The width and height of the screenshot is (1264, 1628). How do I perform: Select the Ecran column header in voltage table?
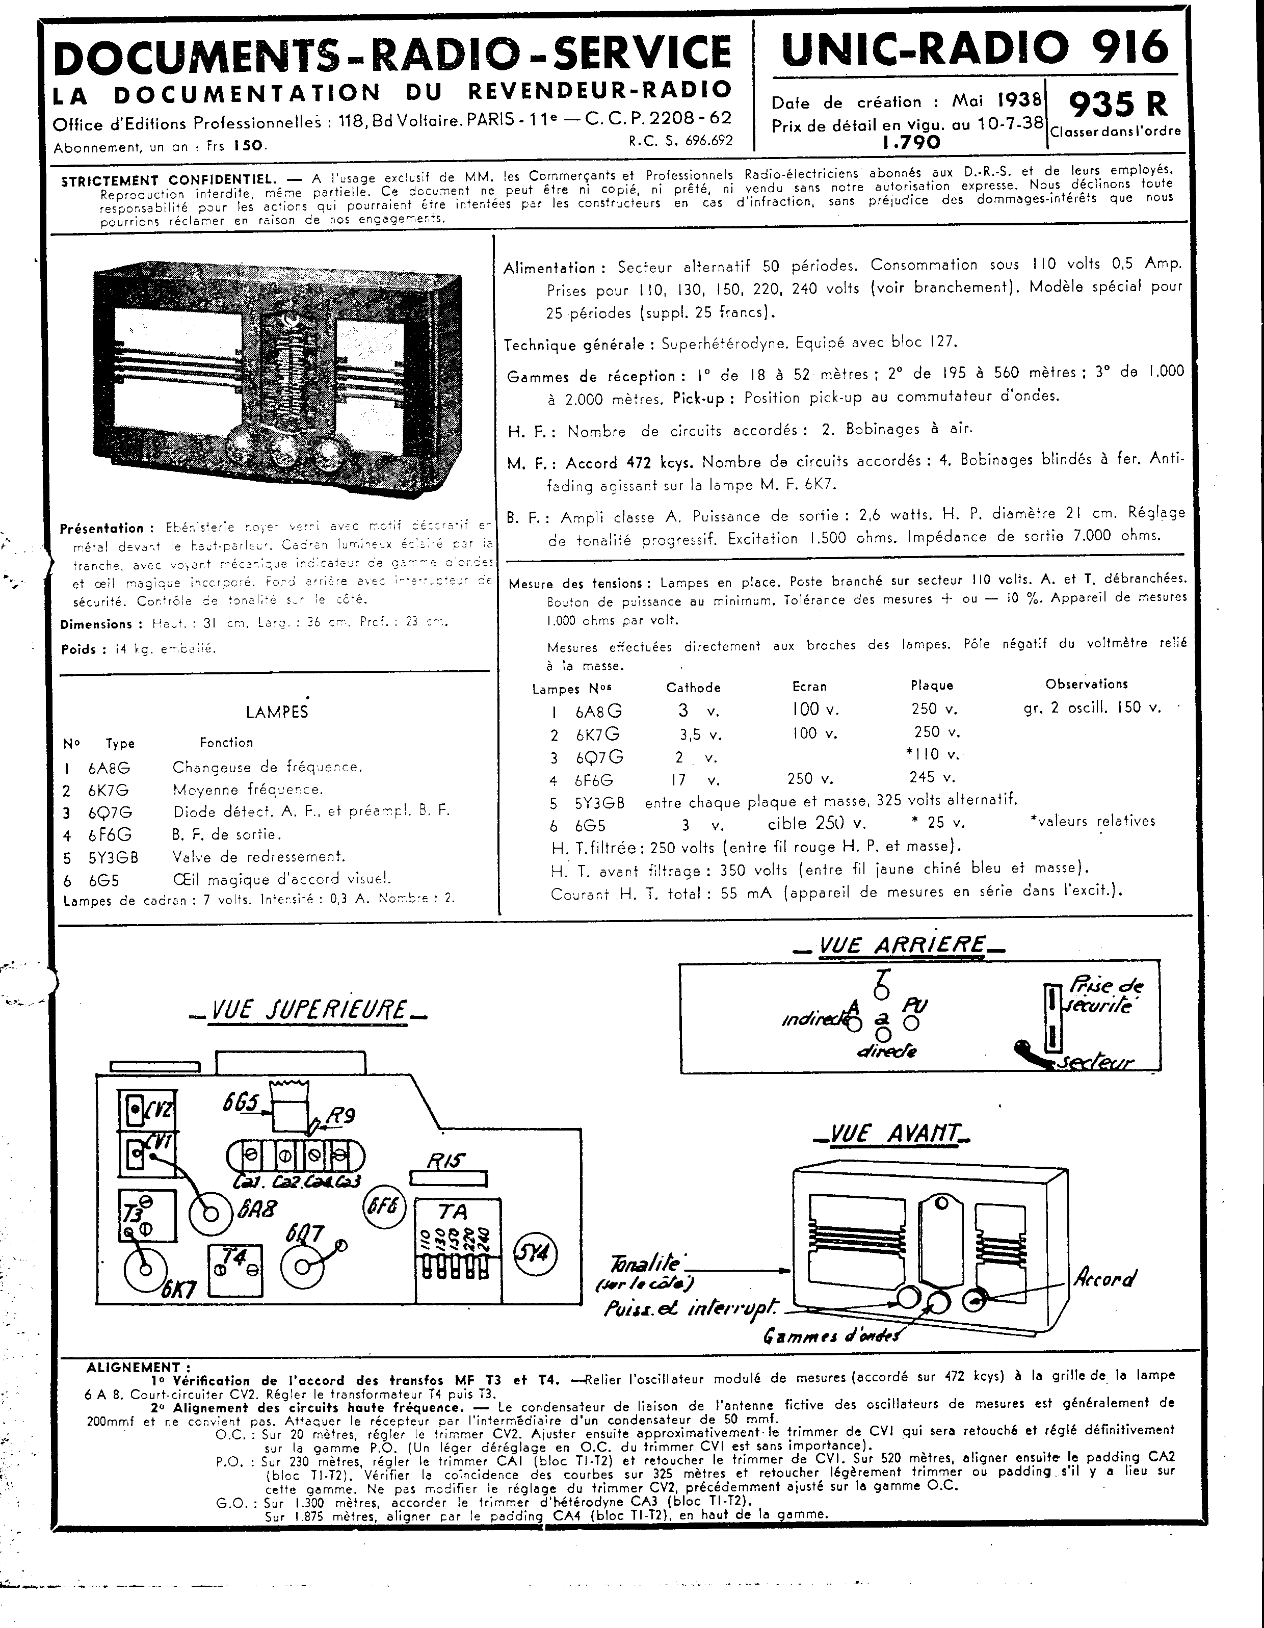click(x=809, y=687)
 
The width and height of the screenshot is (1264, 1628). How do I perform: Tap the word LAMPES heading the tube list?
click(x=276, y=712)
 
